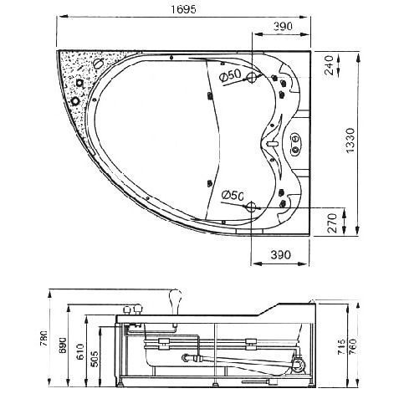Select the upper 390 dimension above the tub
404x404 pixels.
[x=285, y=28]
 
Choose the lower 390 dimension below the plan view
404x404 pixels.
[x=285, y=253]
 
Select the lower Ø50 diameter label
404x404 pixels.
[x=232, y=195]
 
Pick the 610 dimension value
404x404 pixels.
[x=81, y=350]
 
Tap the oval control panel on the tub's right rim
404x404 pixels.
[x=296, y=143]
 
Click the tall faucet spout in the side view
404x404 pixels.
[x=176, y=298]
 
